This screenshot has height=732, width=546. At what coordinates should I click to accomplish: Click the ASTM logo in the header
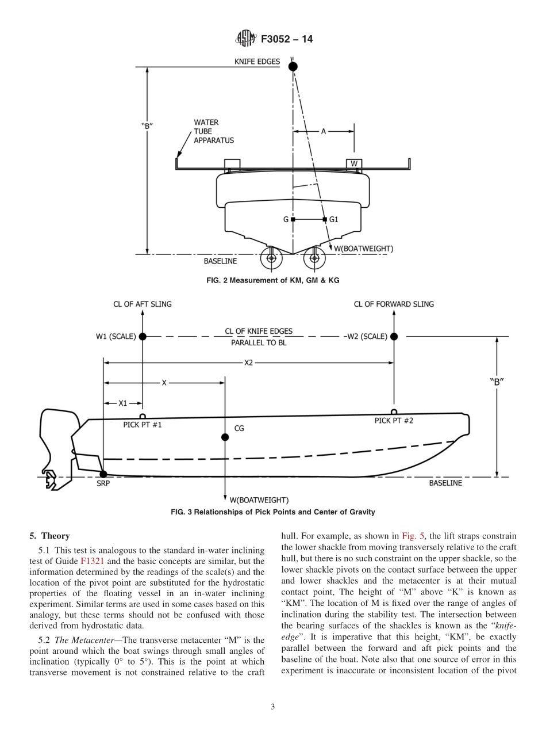pyautogui.click(x=246, y=39)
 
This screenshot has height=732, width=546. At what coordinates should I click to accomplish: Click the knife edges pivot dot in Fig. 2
pyautogui.click(x=293, y=67)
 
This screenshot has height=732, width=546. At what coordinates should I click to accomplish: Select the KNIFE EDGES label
pyautogui.click(x=257, y=62)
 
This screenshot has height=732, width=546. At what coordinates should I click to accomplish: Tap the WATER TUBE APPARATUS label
pyautogui.click(x=213, y=131)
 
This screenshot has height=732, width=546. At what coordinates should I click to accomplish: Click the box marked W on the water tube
pyautogui.click(x=354, y=164)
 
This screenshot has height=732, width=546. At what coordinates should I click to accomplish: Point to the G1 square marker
pyautogui.click(x=325, y=219)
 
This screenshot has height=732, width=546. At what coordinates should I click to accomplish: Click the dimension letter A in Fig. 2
pyautogui.click(x=323, y=131)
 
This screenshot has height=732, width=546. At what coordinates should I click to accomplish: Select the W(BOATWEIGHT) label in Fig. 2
pyautogui.click(x=363, y=249)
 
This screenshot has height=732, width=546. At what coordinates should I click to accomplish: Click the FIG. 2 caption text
pyautogui.click(x=272, y=280)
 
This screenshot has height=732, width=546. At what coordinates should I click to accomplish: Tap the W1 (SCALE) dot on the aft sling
pyautogui.click(x=143, y=337)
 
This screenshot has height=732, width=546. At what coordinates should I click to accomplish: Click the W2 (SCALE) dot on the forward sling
pyautogui.click(x=394, y=337)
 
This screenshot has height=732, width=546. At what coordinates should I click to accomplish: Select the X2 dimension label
pyautogui.click(x=248, y=363)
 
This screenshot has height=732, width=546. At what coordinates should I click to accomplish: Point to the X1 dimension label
pyautogui.click(x=123, y=403)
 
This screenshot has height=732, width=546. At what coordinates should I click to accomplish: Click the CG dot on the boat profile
pyautogui.click(x=225, y=437)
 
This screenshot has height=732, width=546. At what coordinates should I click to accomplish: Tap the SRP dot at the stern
pyautogui.click(x=103, y=474)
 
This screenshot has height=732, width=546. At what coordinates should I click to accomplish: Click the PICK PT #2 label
pyautogui.click(x=394, y=421)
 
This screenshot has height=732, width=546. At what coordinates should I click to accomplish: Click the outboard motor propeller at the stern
pyautogui.click(x=51, y=479)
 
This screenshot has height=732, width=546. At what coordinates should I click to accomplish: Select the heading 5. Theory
pyautogui.click(x=49, y=536)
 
